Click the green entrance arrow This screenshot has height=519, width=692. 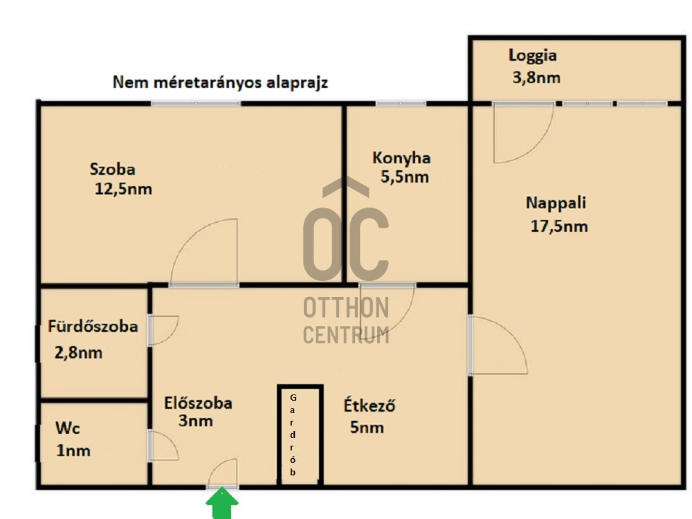222,503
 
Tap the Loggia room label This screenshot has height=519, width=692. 532,55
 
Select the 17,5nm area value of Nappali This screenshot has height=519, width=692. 558,226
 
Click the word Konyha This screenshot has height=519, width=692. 401,158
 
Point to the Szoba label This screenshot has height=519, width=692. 113,169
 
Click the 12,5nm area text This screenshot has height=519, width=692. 123,189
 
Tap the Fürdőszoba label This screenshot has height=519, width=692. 93,326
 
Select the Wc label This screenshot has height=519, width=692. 68,428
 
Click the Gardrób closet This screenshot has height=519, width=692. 300,435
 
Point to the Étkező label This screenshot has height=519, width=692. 370,405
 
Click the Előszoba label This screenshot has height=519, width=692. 198,403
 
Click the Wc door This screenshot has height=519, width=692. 163,446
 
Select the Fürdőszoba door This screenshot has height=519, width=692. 163,330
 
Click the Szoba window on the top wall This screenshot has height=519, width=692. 196,104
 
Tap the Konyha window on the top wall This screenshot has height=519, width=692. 401,104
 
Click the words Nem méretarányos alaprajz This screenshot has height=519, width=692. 220,82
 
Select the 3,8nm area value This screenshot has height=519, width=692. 536,78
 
